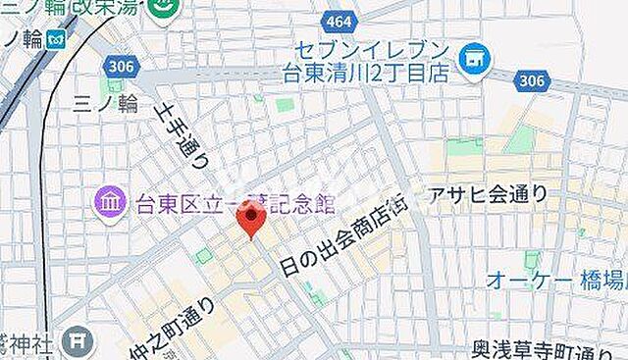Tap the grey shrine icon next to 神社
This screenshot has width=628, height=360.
[76, 341]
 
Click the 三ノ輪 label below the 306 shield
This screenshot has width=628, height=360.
[103, 104]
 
